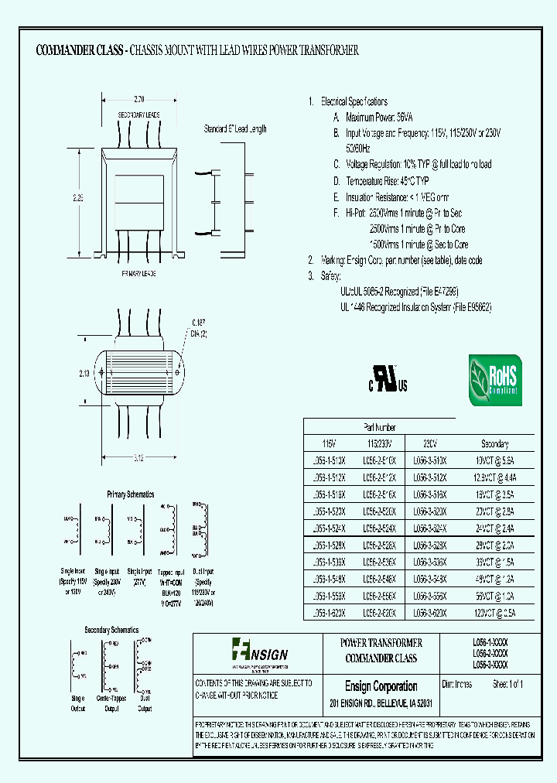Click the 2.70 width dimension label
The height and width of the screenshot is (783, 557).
139,100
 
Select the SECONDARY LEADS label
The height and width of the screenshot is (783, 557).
139,115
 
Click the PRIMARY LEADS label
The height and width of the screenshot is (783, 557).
139,274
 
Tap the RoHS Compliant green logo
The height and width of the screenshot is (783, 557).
495,380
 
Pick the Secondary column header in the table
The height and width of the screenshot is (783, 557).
494,444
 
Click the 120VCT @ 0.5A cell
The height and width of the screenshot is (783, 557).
494,611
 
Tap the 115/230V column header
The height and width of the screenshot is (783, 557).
378,444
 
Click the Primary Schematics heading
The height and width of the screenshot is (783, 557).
130,494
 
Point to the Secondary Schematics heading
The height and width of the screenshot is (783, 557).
112,630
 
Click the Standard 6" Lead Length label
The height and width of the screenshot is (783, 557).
235,129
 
